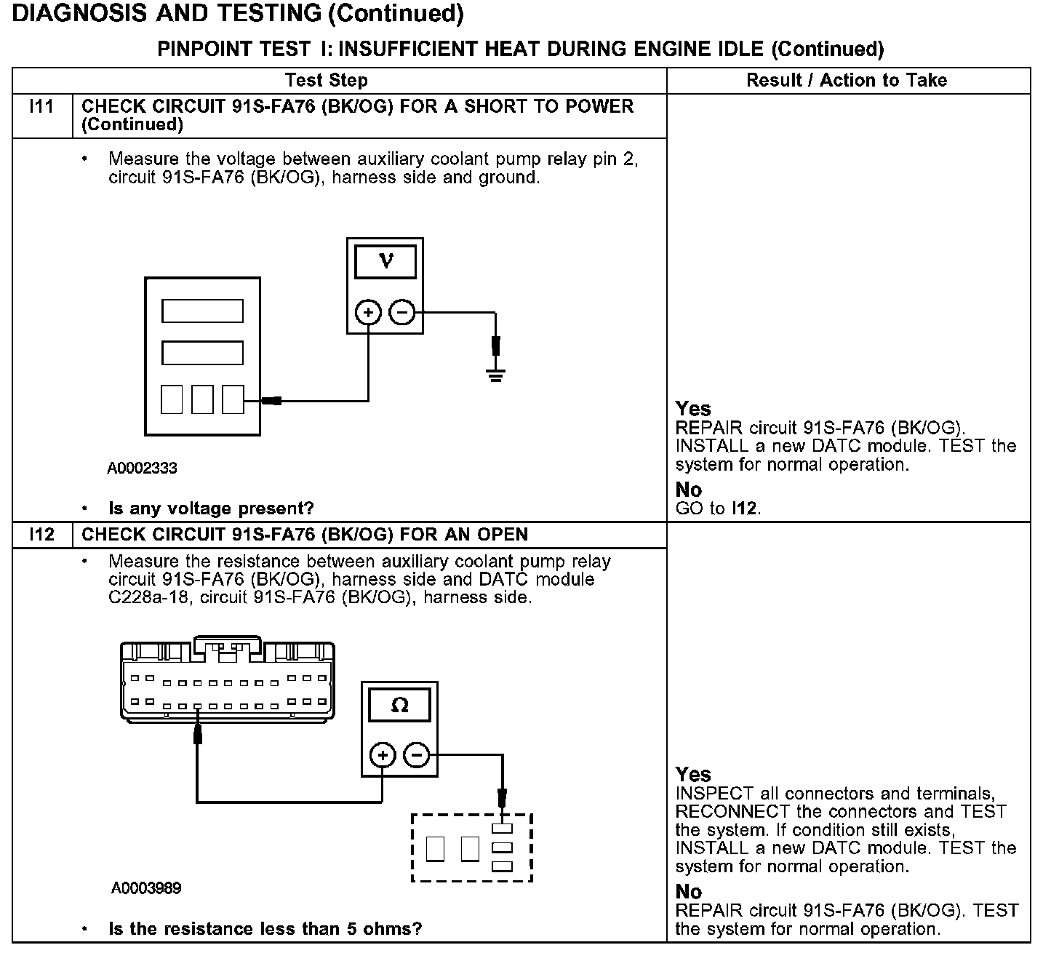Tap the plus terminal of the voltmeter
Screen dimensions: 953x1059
(x=369, y=313)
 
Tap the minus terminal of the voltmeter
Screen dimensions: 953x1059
(x=402, y=313)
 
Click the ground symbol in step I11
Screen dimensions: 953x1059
(x=495, y=375)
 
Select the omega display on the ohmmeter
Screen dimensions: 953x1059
(x=399, y=705)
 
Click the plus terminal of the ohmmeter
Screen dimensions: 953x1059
(x=383, y=755)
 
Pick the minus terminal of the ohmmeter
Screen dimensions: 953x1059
(x=417, y=755)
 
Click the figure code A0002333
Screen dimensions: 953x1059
(x=143, y=468)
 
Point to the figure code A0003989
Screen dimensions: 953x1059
(x=146, y=888)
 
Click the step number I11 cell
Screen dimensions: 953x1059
(x=42, y=107)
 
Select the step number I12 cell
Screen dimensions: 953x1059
(x=42, y=535)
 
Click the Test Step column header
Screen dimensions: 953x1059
(x=327, y=80)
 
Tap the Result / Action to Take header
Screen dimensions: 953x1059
(x=847, y=80)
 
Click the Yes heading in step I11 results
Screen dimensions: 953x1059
(x=692, y=408)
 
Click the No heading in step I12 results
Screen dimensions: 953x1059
(x=688, y=892)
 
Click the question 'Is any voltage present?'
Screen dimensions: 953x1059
(x=211, y=509)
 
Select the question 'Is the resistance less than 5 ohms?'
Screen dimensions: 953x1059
(x=265, y=929)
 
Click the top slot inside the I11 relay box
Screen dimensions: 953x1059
(x=202, y=311)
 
